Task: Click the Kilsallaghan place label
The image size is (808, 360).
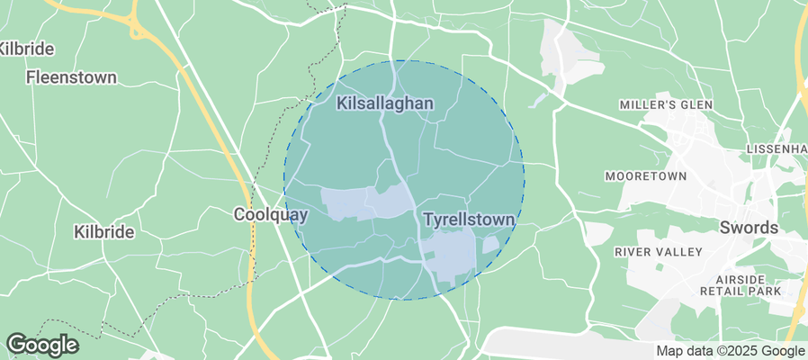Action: tap(385, 104)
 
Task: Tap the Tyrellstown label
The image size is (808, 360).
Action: tap(469, 220)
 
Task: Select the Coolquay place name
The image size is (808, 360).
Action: tap(271, 215)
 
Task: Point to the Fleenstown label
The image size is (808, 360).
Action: tap(71, 77)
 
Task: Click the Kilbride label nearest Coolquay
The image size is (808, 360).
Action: tap(103, 232)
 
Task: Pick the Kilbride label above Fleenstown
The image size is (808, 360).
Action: tap(27, 49)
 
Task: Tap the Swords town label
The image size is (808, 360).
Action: tap(749, 228)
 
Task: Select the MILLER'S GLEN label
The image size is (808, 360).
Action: tap(666, 105)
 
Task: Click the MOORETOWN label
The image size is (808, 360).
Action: tap(646, 175)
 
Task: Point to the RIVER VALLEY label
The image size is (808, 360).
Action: tap(657, 252)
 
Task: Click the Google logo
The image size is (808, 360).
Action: tap(41, 345)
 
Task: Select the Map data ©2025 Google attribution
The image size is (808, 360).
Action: tap(730, 351)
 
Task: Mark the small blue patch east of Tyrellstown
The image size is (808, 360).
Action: tap(490, 244)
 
